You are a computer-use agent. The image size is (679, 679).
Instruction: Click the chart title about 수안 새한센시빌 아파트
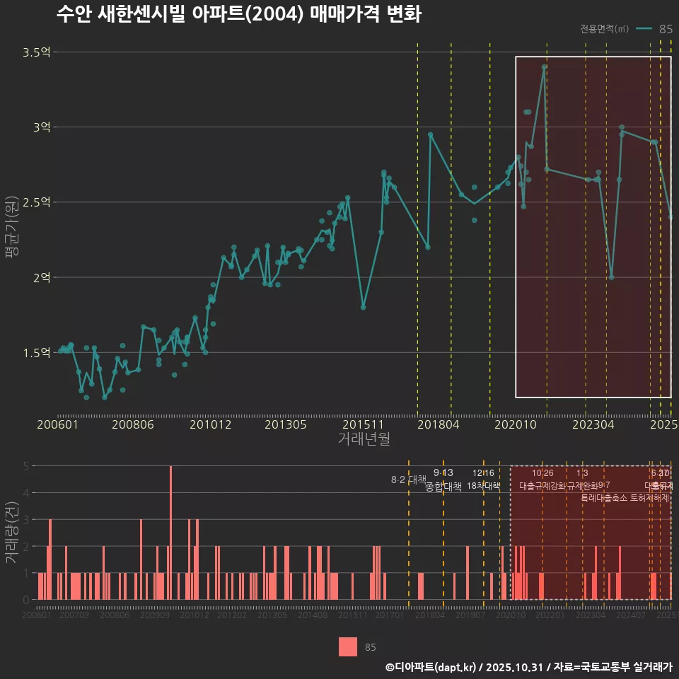click(x=238, y=15)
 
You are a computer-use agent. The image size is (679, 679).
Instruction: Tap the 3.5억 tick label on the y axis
click(x=36, y=52)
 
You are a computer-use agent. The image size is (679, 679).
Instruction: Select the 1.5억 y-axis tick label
click(x=36, y=352)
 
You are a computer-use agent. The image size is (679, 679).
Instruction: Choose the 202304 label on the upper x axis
click(x=592, y=424)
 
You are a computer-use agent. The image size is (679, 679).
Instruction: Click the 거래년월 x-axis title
click(x=364, y=439)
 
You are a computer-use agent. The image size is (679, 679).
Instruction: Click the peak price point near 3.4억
click(x=544, y=67)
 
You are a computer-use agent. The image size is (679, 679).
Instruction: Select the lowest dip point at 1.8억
click(x=363, y=307)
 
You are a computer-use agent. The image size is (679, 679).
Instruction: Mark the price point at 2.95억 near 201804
click(x=430, y=134)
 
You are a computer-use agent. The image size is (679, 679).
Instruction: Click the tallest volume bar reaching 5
click(x=170, y=533)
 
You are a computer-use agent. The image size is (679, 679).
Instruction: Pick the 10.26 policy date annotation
click(x=542, y=472)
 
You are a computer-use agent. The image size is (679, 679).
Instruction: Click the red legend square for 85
click(x=347, y=646)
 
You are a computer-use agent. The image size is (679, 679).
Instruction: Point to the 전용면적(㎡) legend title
click(x=604, y=29)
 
